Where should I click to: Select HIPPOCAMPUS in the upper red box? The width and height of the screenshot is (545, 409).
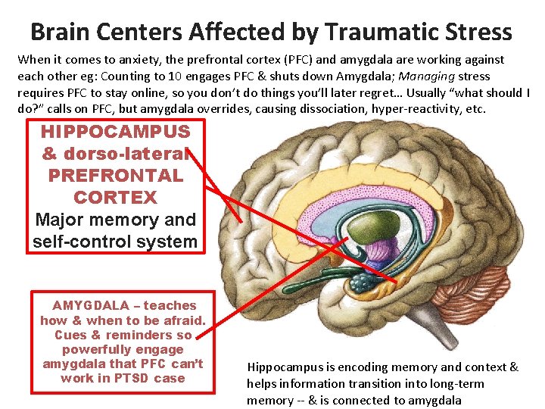pos(115,131)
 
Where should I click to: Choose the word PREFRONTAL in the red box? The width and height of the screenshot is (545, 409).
pos(115,175)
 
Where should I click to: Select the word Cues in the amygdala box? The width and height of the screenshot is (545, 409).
pos(70,335)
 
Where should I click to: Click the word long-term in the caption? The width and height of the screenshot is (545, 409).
pos(455,383)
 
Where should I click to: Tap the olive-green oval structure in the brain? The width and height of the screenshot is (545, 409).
pos(353,251)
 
